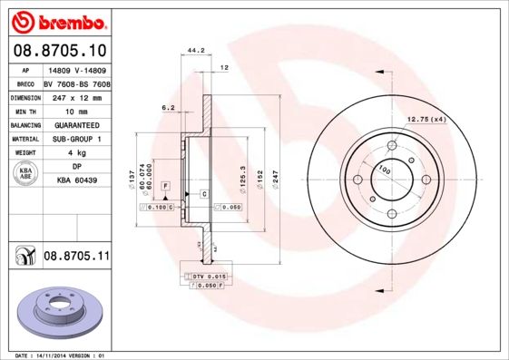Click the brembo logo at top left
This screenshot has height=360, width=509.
coord(57,20)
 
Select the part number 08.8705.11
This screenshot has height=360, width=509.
coord(76,257)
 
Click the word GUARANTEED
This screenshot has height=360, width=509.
coord(76,124)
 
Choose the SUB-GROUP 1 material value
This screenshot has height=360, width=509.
coord(76,139)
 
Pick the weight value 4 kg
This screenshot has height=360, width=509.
coord(76,153)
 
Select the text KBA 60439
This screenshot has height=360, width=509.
coord(76,181)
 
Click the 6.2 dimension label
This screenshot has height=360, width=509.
coord(168,108)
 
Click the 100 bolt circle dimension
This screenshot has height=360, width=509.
coord(384,170)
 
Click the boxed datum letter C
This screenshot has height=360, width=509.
coord(204,195)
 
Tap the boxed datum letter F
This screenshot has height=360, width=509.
coord(166,186)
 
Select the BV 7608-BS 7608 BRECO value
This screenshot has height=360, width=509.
coord(77,82)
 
